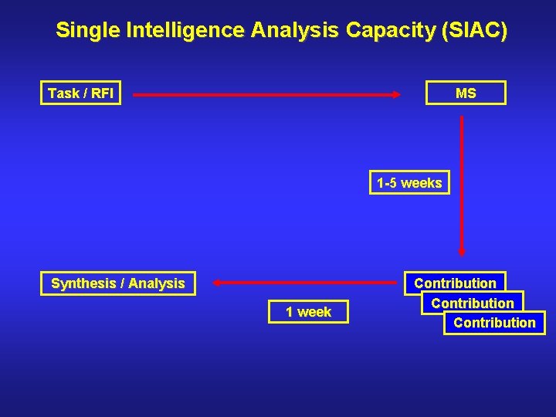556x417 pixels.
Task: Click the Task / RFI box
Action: [x=80, y=93]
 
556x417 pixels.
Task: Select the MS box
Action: [x=466, y=93]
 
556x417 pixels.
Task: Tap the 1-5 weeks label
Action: [x=409, y=183]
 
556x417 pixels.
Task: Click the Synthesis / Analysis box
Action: [x=118, y=283]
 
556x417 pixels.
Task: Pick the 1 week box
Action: [x=308, y=312]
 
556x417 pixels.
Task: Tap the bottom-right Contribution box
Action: [x=494, y=323]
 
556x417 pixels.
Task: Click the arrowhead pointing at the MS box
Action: [x=397, y=94]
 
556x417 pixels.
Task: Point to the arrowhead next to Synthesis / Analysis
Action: [x=217, y=283]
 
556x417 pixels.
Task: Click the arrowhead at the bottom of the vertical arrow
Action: [x=462, y=250]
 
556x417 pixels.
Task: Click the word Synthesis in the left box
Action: [x=83, y=283]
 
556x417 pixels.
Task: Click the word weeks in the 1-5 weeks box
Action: [x=422, y=183]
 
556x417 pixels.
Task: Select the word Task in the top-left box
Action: [x=63, y=93]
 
